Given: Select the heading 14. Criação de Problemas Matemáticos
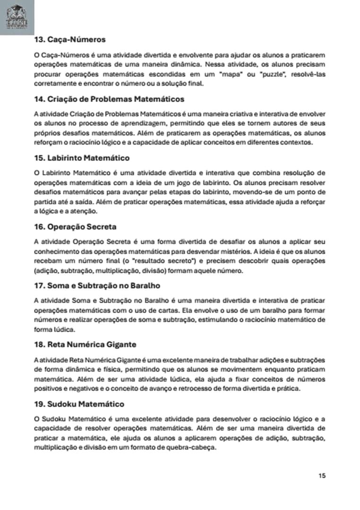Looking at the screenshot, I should pos(109,99).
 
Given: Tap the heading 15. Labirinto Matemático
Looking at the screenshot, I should pos(82,158).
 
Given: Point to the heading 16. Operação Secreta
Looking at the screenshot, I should pos(75,227).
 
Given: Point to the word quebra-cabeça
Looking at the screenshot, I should pos(193,449).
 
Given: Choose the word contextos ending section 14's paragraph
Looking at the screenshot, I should pos(297,142).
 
